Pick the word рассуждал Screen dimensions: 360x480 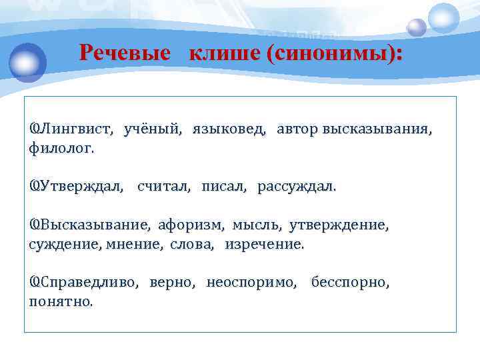(297, 187)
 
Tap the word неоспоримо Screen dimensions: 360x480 (253, 283)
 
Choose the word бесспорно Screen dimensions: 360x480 (351, 283)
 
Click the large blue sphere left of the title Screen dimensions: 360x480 (28, 61)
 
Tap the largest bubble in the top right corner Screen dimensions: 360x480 (443, 18)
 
